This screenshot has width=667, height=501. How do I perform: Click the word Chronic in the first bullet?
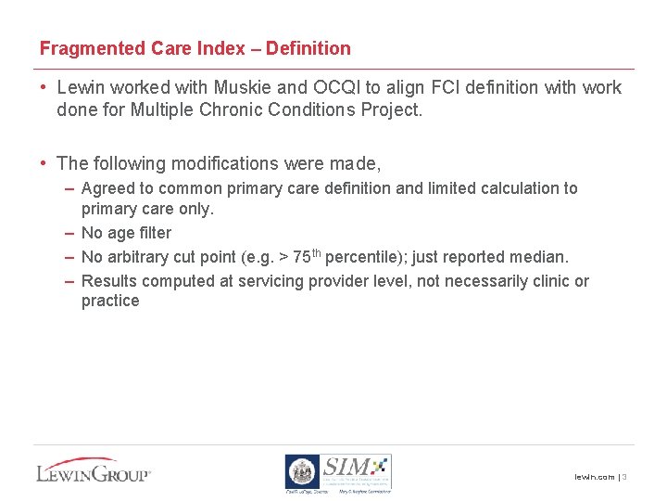tap(245, 109)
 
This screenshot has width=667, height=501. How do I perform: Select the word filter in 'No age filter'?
tap(154, 233)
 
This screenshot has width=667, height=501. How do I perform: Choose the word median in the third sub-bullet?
tap(541, 257)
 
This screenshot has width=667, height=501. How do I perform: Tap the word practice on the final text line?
tap(110, 301)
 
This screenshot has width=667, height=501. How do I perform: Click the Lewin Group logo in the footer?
tap(93, 469)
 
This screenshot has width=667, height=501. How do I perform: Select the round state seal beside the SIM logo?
tap(301, 471)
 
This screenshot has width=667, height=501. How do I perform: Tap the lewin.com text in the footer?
tap(594, 477)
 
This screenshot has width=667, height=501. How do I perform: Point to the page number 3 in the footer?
tap(625, 477)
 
